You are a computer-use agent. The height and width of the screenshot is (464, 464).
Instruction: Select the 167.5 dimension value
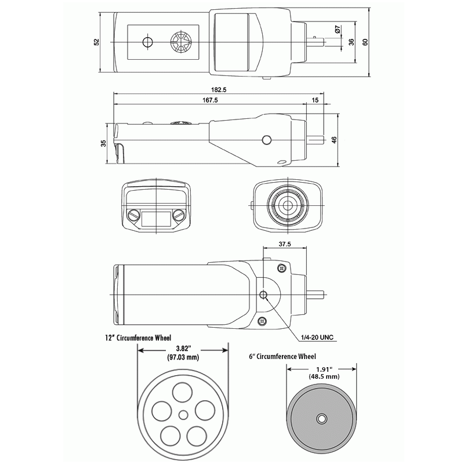[x=211, y=100]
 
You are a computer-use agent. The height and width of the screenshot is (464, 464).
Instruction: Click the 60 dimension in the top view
[x=365, y=42]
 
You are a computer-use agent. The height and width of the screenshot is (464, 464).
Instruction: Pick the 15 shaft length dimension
[x=315, y=100]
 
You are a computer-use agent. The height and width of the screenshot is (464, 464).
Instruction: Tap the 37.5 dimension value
[x=284, y=244]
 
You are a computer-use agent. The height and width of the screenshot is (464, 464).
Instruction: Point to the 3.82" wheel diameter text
[x=182, y=348]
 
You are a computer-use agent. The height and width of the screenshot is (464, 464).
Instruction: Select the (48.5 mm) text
[x=324, y=376]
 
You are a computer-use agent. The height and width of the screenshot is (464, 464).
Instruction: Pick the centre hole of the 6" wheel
[x=321, y=418]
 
